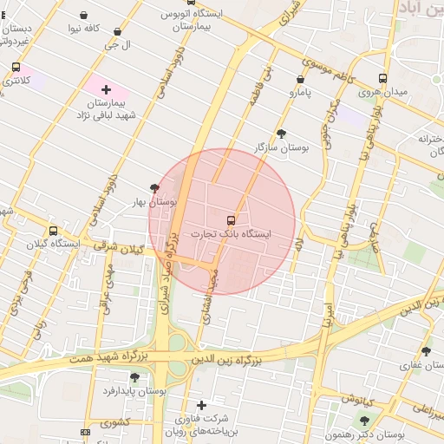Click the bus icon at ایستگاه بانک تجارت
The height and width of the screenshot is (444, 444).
[231, 220]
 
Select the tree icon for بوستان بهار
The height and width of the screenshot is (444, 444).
[155, 187]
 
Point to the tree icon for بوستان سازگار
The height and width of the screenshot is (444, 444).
[281, 134]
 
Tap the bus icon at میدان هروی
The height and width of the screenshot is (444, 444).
[384, 77]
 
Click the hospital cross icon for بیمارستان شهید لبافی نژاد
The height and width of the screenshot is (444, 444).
[106, 88]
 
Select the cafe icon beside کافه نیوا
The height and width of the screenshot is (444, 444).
[83, 16]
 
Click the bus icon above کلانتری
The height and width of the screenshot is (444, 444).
[16, 67]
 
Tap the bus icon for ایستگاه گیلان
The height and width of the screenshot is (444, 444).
[54, 231]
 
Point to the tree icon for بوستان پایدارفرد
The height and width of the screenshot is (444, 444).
[134, 377]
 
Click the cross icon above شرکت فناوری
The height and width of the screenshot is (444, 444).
[202, 405]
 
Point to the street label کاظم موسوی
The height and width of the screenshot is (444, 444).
[340, 71]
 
